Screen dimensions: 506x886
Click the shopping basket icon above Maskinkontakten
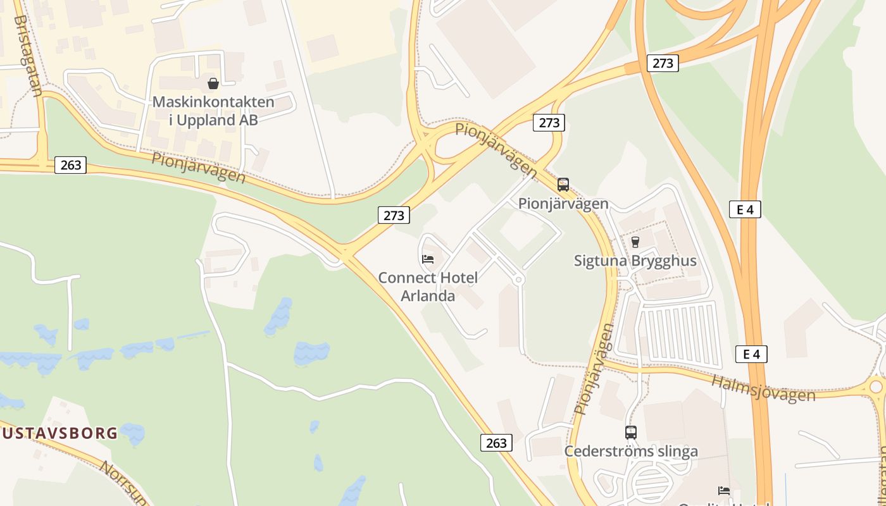coord(213,83)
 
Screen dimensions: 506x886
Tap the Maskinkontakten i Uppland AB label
coord(213,111)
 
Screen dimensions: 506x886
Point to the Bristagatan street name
coord(28,56)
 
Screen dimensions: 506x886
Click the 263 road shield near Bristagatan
coord(70,165)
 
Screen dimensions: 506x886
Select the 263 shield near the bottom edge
coord(496,443)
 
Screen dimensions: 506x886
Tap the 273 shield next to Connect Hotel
coord(394,215)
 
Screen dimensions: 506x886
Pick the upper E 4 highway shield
coord(745,209)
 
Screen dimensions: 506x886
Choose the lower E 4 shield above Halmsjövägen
coord(751,354)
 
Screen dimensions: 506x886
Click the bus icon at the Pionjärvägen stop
coord(563,185)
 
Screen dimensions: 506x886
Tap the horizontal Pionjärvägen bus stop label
coord(563,204)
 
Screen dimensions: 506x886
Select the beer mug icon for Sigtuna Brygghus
coord(635,242)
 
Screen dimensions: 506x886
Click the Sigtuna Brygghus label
coord(635,261)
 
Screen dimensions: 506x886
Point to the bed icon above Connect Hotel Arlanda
coord(428,259)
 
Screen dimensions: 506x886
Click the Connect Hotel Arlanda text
coord(428,287)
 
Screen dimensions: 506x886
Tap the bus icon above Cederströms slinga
coord(631,433)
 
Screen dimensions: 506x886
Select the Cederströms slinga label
coord(631,451)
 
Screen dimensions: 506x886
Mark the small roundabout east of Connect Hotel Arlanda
coord(519,279)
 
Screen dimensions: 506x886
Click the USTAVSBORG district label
coord(59,433)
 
